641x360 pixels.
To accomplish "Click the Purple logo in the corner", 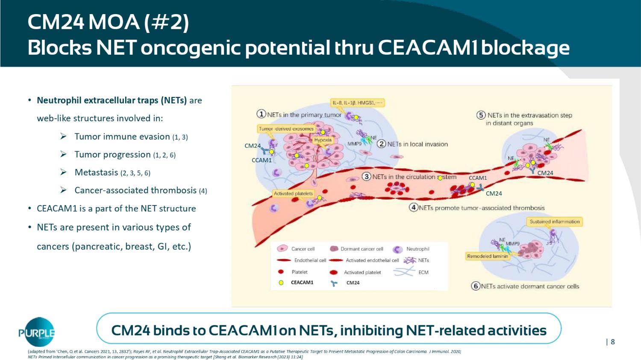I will coord(37,332).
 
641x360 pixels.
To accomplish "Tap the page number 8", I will coord(613,342).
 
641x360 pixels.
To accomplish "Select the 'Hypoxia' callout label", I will coord(323,140).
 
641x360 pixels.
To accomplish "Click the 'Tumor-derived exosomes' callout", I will coord(286,129).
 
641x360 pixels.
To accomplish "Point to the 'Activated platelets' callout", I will coord(293,193).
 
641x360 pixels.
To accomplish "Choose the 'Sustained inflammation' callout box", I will coord(555,222).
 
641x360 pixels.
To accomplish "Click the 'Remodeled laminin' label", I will coord(488,256).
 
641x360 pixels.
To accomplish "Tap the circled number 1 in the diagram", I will coord(261,114).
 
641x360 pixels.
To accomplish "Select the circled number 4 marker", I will coord(413,208).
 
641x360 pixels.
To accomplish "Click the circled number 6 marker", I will coord(476,286).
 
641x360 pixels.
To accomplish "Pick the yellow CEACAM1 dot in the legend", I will coord(281,283).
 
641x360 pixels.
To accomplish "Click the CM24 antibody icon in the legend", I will coord(334,283).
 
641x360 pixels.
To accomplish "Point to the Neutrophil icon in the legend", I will coord(398,249).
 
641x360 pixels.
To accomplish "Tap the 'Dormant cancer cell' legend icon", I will coord(334,249).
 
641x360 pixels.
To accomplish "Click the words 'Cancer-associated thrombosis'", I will coord(135,190).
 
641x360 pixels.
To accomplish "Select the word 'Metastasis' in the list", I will coord(96,173).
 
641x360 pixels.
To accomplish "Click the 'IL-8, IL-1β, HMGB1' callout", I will coord(358,102).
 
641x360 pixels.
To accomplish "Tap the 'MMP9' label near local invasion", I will coord(354,144).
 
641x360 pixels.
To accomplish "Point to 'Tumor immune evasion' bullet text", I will coord(122,137).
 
